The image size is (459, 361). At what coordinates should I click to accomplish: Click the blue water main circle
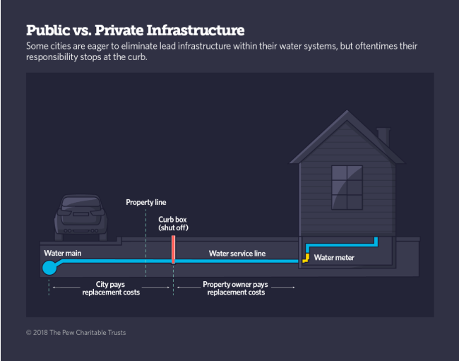49,268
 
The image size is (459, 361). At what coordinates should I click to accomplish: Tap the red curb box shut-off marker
173,250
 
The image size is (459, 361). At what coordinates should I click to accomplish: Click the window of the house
346,187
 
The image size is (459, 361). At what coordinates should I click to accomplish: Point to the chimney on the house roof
383,136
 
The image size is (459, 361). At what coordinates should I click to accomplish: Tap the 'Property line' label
145,203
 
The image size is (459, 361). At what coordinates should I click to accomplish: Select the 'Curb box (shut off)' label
173,224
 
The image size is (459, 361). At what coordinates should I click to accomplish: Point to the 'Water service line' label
237,253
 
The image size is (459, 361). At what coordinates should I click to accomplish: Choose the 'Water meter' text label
334,258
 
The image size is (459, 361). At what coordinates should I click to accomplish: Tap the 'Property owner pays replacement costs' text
236,288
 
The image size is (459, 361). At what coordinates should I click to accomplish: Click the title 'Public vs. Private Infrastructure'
136,30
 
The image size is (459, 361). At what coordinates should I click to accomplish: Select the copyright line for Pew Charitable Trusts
76,332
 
